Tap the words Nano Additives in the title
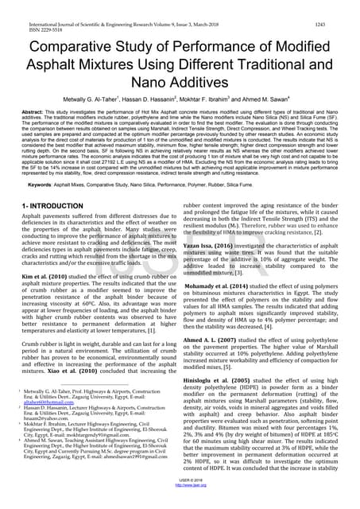point(180,80)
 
